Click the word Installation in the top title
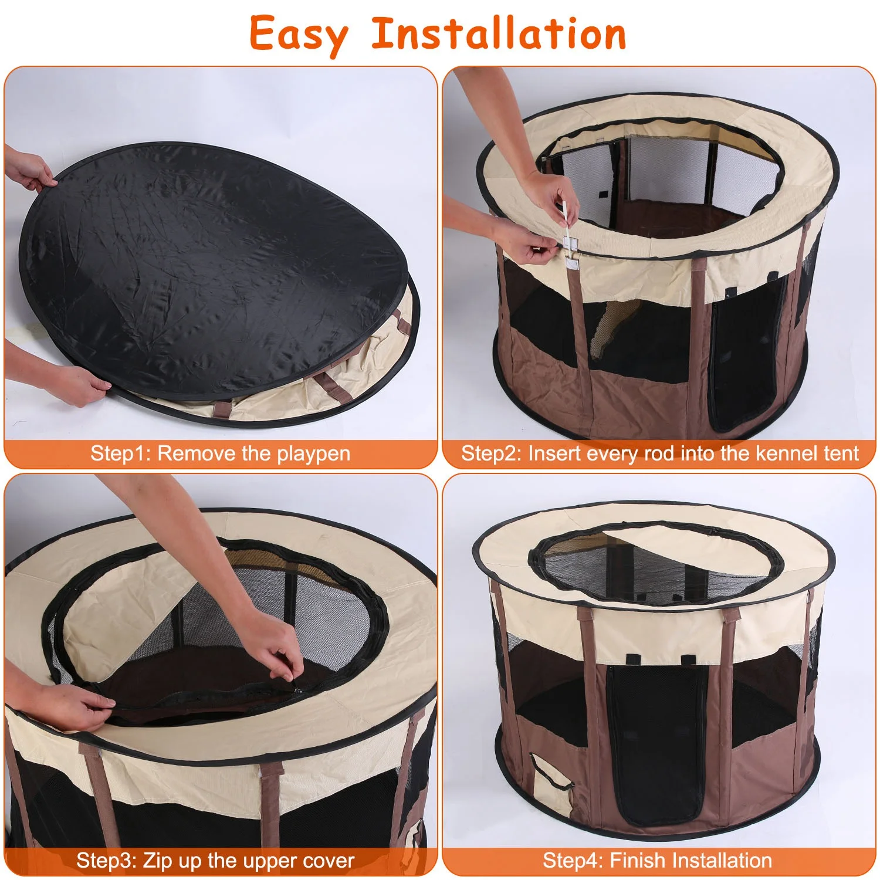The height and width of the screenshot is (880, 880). (x=499, y=34)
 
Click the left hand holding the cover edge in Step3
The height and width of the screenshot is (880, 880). (x=76, y=707)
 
